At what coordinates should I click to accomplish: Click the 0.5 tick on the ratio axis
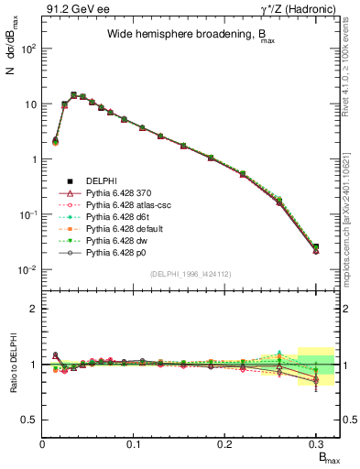29,420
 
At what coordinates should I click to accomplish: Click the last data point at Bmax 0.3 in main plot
316,247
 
